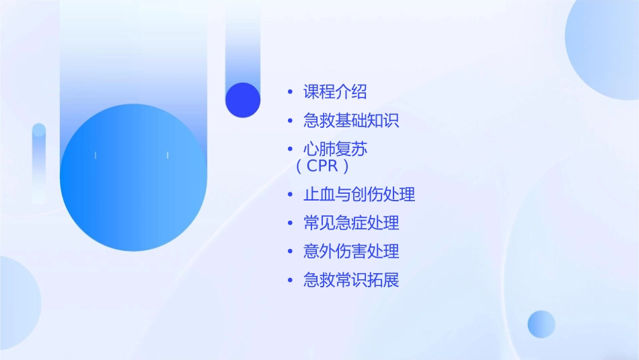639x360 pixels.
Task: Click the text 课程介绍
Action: pyautogui.click(x=335, y=92)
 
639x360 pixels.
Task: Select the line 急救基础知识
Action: pyautogui.click(x=351, y=121)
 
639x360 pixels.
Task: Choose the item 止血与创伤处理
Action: pyautogui.click(x=359, y=195)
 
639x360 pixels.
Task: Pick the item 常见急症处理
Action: pyautogui.click(x=351, y=223)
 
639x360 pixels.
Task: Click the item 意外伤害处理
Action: pyautogui.click(x=351, y=252)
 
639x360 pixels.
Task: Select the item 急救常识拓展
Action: pyautogui.click(x=351, y=280)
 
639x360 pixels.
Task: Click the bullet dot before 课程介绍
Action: pyautogui.click(x=290, y=92)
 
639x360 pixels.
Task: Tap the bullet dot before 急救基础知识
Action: pyautogui.click(x=290, y=121)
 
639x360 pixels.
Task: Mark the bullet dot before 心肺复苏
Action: pyautogui.click(x=290, y=149)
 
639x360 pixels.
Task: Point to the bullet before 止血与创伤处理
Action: pyautogui.click(x=290, y=195)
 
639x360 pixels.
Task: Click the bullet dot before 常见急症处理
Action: pyautogui.click(x=290, y=223)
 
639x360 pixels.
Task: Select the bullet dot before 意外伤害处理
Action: pyautogui.click(x=290, y=252)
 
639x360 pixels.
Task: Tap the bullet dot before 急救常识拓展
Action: pyautogui.click(x=290, y=280)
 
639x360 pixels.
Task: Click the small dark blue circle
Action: pyautogui.click(x=243, y=100)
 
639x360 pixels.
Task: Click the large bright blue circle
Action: pyautogui.click(x=133, y=178)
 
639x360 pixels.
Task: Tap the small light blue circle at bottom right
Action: pyautogui.click(x=541, y=324)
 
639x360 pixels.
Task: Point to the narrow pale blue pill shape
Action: pyautogui.click(x=39, y=161)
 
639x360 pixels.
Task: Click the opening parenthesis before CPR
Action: pyautogui.click(x=300, y=166)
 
